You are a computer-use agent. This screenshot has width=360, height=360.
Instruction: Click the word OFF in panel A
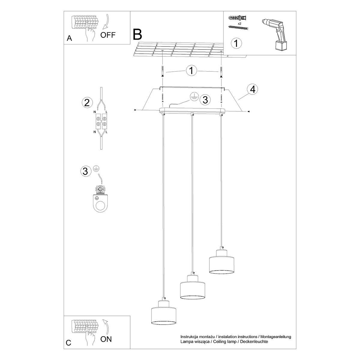(108, 35)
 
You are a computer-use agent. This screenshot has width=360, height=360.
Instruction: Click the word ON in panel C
(106, 339)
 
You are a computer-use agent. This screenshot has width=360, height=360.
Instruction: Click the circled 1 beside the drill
(236, 43)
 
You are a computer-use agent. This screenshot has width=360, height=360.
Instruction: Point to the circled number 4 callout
(253, 89)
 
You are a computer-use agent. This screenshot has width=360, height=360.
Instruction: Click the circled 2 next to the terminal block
(87, 103)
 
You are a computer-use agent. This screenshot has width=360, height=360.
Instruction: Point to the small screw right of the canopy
(249, 112)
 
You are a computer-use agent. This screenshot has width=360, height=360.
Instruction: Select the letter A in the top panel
(69, 38)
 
